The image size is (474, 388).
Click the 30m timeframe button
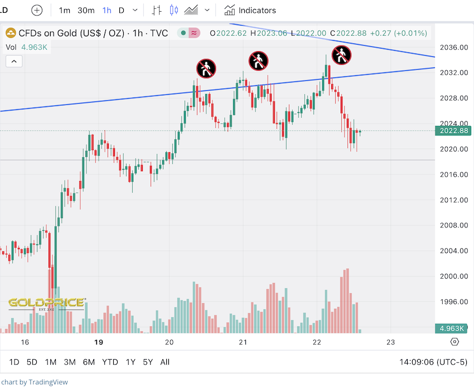(86, 10)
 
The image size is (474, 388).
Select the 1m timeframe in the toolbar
(65, 10)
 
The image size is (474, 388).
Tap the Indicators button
(250, 10)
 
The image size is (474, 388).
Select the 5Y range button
(147, 362)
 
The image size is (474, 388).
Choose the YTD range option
(110, 362)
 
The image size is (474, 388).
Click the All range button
(165, 362)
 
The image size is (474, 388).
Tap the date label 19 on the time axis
(99, 342)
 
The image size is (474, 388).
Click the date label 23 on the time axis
(390, 342)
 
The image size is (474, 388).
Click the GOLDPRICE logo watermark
(46, 303)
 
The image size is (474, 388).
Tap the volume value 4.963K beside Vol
(35, 47)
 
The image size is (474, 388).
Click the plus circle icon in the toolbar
(37, 10)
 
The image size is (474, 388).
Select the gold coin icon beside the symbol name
(11, 33)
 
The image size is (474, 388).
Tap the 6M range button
(89, 362)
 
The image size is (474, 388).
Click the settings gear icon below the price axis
(455, 342)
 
